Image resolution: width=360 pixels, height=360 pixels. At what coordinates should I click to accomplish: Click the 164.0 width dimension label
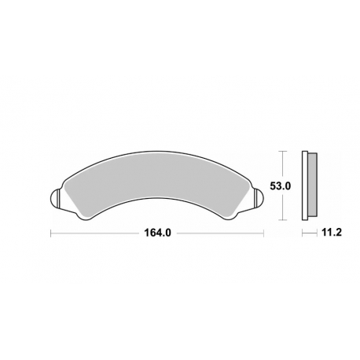click(x=157, y=233)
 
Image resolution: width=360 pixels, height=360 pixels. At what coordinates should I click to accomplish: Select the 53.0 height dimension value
click(x=281, y=186)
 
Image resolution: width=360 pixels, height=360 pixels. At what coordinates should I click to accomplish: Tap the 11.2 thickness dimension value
click(x=332, y=232)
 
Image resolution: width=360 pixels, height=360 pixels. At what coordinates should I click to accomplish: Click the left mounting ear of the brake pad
click(x=55, y=198)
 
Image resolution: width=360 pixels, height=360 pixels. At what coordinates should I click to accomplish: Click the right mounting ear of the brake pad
click(x=259, y=198)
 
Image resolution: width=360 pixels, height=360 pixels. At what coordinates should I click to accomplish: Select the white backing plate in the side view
click(x=305, y=186)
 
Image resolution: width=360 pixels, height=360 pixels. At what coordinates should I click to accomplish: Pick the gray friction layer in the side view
click(x=312, y=185)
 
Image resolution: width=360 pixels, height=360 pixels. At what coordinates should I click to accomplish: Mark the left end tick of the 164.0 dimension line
click(x=51, y=233)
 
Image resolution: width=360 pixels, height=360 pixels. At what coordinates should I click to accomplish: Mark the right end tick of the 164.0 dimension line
click(x=263, y=233)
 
